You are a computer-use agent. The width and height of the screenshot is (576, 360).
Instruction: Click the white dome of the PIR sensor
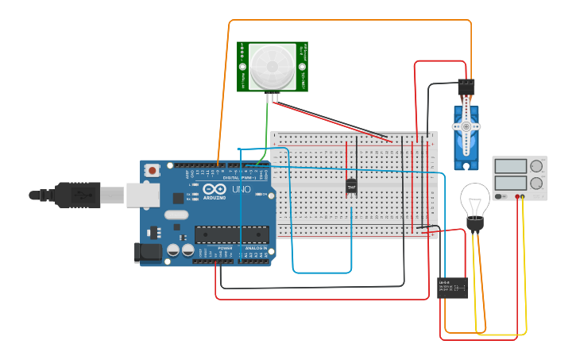pos(272,67)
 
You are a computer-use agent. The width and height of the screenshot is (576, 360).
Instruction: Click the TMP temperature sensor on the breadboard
pos(351,187)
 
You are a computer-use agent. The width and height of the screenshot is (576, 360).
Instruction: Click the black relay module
pos(452,288)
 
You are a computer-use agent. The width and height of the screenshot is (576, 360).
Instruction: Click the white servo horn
pos(466,125)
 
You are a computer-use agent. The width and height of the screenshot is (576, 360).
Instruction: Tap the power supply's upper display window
pos(510,166)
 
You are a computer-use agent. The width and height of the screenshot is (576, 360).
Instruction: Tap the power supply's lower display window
pos(510,183)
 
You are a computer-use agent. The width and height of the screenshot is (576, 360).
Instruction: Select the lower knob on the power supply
pos(537,183)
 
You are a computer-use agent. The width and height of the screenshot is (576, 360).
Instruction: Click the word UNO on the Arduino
pos(241,191)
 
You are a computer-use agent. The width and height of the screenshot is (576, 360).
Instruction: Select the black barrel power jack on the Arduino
pos(149,252)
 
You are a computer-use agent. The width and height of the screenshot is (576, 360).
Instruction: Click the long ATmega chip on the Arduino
pos(230,234)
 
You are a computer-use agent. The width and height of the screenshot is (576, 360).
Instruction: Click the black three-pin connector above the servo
pos(466,86)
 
